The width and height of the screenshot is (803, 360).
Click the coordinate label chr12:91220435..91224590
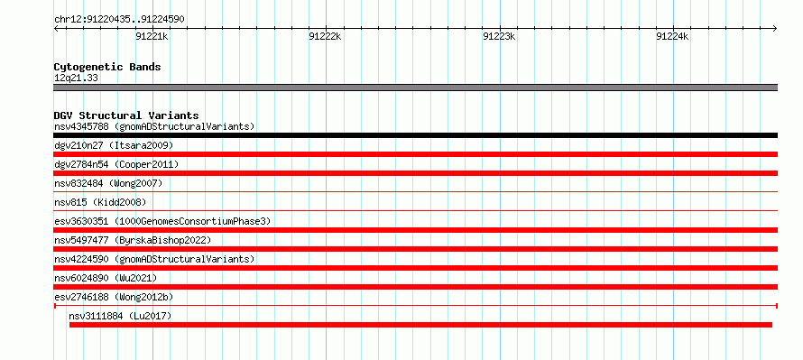pos(119,20)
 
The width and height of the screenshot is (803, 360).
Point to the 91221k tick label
pos(152,36)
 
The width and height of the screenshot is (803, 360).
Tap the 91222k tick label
pos(325,36)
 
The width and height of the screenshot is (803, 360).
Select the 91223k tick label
pos(499,36)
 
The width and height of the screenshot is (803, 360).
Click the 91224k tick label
pos(673,36)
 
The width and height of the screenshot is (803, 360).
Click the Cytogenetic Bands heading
pos(107,67)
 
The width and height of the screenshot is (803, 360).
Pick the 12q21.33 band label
pos(77,78)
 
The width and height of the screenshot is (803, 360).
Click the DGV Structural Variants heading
pos(126,115)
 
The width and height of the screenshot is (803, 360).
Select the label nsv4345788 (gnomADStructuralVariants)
pos(154,126)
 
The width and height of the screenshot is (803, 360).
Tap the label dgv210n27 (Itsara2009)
pos(114,145)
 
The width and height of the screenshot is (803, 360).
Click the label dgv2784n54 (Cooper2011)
pos(116,164)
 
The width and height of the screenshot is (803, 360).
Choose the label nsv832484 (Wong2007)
pos(108,183)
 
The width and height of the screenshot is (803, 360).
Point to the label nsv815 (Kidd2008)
pos(100,202)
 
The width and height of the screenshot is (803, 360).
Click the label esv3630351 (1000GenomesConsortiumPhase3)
pos(162,221)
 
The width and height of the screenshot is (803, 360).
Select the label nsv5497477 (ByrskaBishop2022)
pos(133,240)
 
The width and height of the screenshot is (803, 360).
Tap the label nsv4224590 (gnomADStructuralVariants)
pos(154,259)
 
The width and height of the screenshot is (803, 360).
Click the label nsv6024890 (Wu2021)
pos(106,278)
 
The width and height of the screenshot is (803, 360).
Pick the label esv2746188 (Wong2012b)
pos(114,297)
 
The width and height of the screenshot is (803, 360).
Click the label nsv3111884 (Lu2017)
pos(120,316)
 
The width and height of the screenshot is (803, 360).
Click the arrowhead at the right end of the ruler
pos(775,28)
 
